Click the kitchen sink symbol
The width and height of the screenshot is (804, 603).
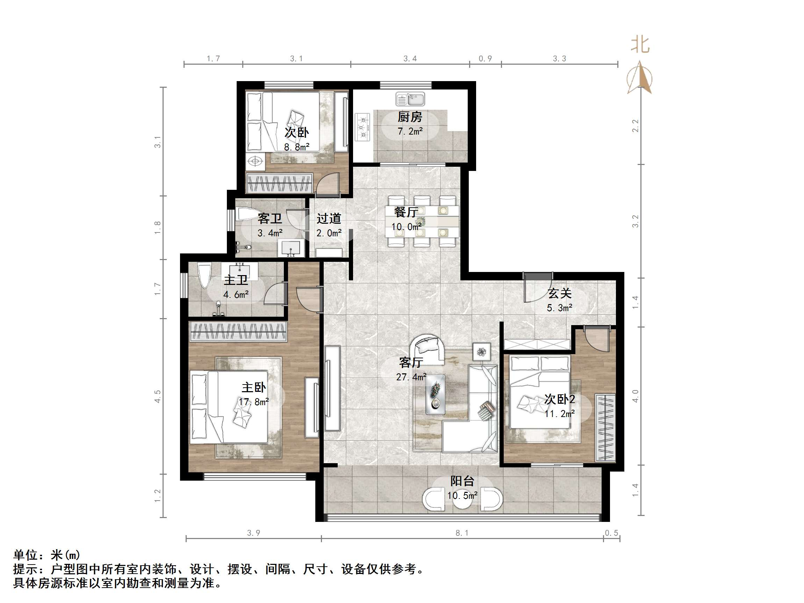(410, 99)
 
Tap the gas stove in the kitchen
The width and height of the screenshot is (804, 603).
(362, 128)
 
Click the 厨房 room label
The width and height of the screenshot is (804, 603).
(410, 117)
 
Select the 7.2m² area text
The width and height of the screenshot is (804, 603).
(410, 131)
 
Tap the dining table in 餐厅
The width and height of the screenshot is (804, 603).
(422, 221)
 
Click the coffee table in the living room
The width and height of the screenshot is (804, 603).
(435, 394)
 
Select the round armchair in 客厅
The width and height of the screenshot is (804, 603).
(427, 349)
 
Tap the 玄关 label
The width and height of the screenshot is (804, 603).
(559, 293)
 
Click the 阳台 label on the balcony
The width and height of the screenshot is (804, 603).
(462, 481)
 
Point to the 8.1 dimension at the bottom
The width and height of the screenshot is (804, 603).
(462, 533)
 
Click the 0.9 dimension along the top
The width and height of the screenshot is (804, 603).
(485, 58)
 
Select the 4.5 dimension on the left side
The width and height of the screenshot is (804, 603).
(157, 396)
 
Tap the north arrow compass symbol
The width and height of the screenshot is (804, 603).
(639, 78)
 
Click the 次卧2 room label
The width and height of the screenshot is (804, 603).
(559, 400)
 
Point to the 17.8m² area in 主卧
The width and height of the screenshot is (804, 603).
(254, 402)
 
